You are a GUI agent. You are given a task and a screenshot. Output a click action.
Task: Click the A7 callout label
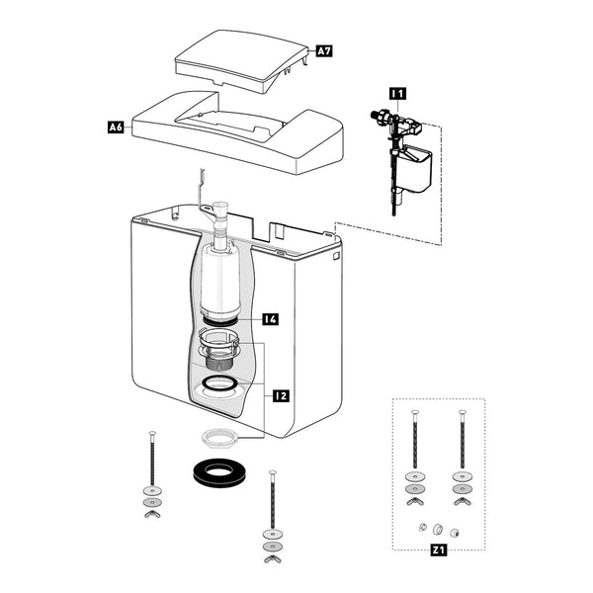coord(324,50)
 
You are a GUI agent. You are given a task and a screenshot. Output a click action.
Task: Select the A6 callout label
coord(116,127)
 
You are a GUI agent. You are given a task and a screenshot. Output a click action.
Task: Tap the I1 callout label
coord(397,94)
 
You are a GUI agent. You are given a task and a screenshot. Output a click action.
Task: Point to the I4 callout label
coord(271,319)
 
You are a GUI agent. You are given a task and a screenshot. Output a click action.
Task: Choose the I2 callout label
coord(281,396)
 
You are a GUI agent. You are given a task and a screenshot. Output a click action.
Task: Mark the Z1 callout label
coord(438,550)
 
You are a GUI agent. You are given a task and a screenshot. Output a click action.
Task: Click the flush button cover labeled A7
coord(242,60)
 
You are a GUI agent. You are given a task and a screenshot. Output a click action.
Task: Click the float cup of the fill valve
coord(417,168)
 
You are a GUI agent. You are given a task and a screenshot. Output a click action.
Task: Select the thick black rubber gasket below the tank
coord(219,472)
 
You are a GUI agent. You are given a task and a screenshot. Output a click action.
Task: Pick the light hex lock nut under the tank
coord(219,438)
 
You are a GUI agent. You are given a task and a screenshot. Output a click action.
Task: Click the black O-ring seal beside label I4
coord(220,321)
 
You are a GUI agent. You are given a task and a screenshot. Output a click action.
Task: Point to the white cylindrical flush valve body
coord(220,280)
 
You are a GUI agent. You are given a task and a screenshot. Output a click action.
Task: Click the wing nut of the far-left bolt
coord(152,514)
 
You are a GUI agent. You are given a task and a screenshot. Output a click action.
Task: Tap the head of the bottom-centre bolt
coord(273,472)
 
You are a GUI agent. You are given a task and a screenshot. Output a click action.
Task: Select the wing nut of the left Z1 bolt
coord(415,501)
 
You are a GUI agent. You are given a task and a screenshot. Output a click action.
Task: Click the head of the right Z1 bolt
coord(463,412)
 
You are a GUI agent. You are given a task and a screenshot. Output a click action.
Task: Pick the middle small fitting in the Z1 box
coord(438,529)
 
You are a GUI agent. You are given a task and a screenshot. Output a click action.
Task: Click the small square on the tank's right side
coord(336,256)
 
